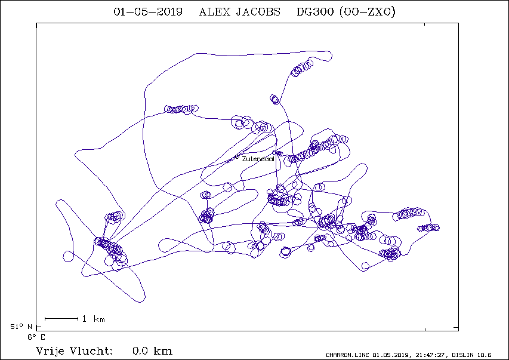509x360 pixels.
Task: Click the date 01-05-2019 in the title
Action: click(148, 12)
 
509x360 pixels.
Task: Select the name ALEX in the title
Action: click(215, 12)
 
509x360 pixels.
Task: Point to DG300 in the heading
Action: click(315, 12)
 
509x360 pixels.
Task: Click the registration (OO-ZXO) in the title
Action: click(367, 12)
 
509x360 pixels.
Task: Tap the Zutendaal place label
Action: click(258, 159)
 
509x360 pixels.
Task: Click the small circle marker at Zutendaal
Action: click(237, 157)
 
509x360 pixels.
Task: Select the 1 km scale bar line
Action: click(61, 319)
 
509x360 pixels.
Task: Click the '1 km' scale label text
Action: click(94, 319)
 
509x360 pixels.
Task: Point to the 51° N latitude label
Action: click(21, 327)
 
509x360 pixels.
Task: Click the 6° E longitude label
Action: click(36, 337)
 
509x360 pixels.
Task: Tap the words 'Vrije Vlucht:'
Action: click(74, 351)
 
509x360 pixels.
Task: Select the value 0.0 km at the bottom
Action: click(152, 351)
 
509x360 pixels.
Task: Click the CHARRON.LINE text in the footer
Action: click(347, 355)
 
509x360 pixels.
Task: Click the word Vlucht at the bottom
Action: click(91, 351)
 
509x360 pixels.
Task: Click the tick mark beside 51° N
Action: click(39, 327)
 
